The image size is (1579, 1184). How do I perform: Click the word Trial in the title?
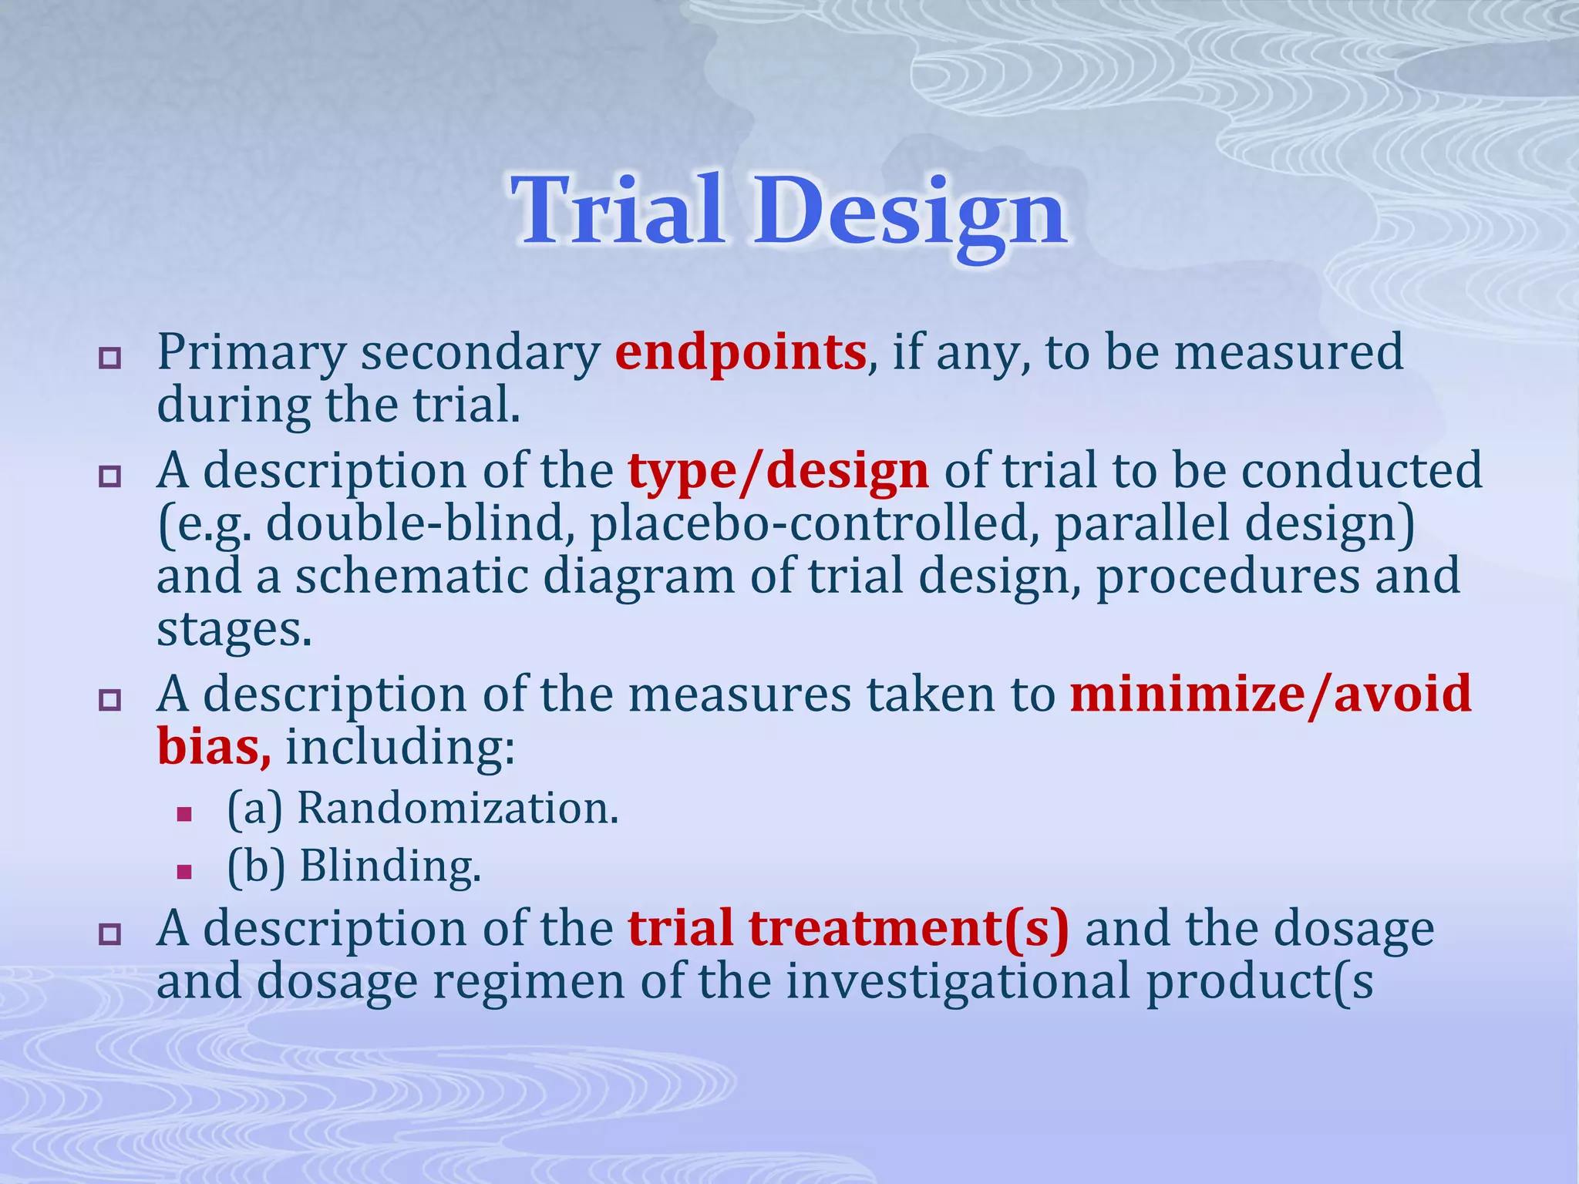617,210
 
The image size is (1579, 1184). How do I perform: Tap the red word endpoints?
740,353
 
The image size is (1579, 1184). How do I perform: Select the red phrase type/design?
778,472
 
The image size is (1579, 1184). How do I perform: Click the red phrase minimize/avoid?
1271,694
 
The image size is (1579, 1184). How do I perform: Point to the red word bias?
214,747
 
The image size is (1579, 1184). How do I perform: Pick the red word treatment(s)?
909,928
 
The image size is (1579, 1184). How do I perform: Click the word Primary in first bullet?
251,355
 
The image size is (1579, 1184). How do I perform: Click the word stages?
234,631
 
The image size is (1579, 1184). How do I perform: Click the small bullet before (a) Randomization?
183,814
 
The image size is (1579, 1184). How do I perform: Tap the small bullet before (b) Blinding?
183,872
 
